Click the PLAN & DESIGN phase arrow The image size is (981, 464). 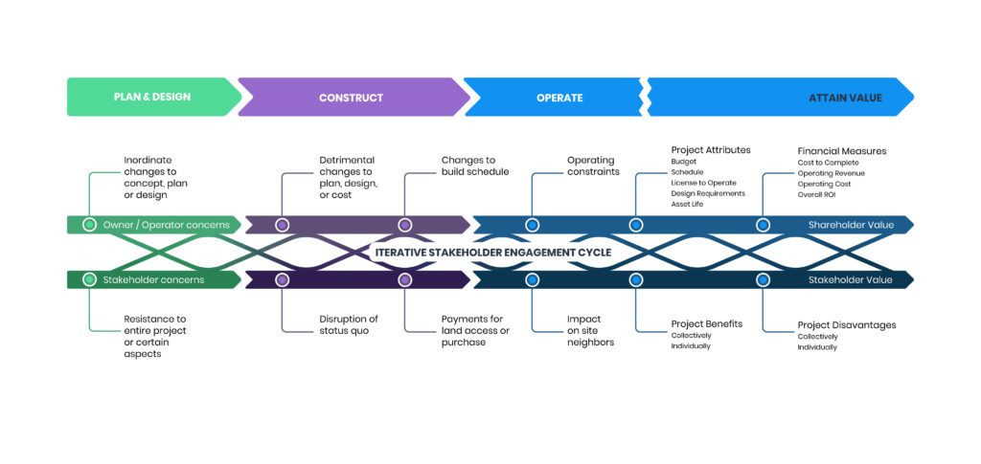point(151,98)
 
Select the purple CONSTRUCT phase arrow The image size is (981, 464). point(351,98)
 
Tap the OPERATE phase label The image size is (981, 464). point(559,98)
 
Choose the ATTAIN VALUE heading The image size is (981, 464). point(845,98)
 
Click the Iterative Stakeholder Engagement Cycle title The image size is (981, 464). point(492,253)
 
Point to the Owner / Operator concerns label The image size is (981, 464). point(166,226)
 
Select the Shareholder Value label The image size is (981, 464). point(851,226)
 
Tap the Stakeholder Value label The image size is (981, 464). point(851,280)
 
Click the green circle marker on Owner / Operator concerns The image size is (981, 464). point(89,226)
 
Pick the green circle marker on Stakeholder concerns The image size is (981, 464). point(89,280)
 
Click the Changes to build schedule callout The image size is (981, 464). point(474,166)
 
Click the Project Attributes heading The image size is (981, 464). point(711,150)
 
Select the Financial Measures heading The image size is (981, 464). point(842,150)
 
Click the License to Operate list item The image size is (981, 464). point(703,183)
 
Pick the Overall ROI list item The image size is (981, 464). point(817,194)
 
